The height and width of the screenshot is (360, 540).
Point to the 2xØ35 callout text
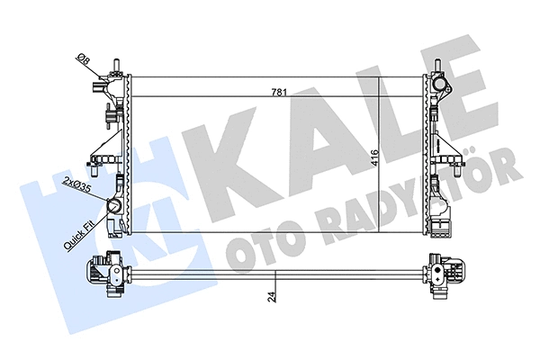(76, 187)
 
